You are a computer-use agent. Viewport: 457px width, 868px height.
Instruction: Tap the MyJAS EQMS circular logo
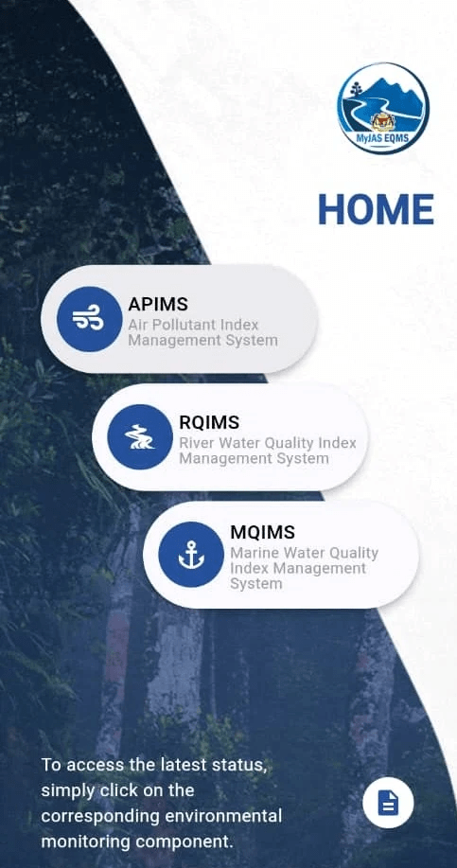coord(383,108)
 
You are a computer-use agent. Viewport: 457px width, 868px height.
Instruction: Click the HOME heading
coord(377,210)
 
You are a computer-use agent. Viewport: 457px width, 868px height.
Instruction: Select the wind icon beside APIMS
coord(90,319)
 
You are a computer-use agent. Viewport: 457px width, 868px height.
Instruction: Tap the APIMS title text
coord(158,304)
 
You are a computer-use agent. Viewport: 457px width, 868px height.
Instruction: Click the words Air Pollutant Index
coord(194,325)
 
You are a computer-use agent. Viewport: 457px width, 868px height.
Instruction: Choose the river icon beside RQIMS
coord(140,436)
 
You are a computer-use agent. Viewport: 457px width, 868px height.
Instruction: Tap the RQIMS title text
coord(209,422)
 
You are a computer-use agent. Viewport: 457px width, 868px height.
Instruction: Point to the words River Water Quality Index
coord(268,443)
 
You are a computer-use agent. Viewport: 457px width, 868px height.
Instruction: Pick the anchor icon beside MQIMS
coord(191,554)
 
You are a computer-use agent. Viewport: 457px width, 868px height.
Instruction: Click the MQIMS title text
coord(263,532)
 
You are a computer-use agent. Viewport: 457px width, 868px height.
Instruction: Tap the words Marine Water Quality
coord(305,553)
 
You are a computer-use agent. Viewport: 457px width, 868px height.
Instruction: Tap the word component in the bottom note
coord(184,842)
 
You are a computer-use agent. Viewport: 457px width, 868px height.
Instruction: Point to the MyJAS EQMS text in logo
coord(383,137)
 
